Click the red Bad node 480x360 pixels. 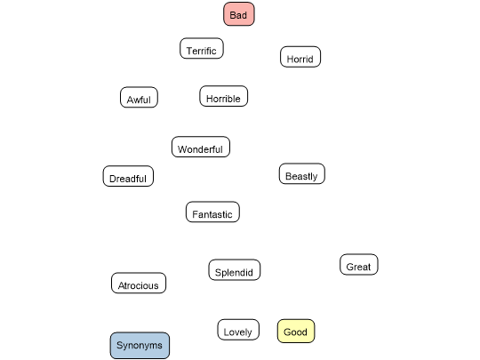click(239, 14)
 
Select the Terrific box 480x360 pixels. click(202, 48)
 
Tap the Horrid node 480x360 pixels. click(300, 57)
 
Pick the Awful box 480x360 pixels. click(139, 97)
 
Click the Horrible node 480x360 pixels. click(223, 96)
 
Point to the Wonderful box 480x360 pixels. click(201, 147)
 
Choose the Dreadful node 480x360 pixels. click(128, 176)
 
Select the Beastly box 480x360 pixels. click(302, 173)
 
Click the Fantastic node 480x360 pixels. click(212, 212)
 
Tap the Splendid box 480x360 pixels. click(234, 269)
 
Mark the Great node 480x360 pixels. click(359, 265)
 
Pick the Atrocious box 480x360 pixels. click(139, 283)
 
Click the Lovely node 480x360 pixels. click(238, 330)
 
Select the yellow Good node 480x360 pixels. click(296, 331)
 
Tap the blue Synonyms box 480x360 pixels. click(140, 345)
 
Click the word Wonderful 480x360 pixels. click(200, 149)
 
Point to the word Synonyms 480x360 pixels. click(140, 346)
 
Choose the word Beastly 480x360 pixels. click(301, 176)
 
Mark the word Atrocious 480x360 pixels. click(139, 285)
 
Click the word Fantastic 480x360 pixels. click(212, 214)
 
